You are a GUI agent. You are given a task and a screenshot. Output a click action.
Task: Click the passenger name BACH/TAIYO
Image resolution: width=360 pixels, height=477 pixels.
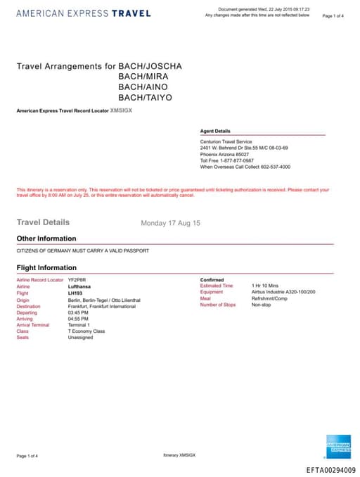(145, 97)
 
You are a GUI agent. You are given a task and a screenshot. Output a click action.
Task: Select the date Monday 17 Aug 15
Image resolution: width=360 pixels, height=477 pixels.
(170, 223)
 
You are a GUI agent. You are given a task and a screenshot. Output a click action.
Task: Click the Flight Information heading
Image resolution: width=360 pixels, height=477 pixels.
(46, 267)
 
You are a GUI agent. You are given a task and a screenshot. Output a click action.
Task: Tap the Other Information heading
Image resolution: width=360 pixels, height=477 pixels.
(46, 238)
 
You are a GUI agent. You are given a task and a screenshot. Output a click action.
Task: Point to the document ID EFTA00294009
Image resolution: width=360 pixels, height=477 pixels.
(330, 470)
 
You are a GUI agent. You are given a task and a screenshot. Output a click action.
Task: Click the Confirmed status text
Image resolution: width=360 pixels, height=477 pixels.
(212, 280)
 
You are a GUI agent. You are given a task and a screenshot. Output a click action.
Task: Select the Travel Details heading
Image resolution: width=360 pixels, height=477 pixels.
(43, 222)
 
